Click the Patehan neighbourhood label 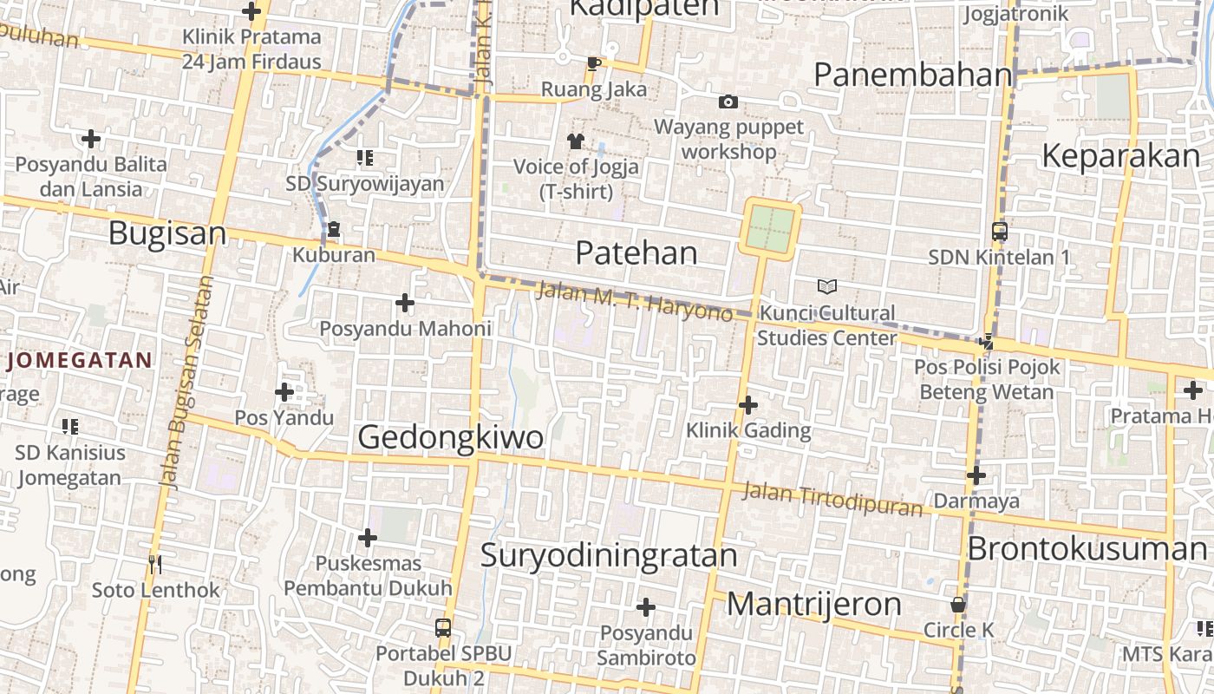point(636,253)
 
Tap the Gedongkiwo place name point(451,437)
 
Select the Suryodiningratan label point(609,555)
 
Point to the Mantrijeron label point(813,604)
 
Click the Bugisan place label point(167,233)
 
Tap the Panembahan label point(913,75)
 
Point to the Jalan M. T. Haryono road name point(635,301)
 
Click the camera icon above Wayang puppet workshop point(728,102)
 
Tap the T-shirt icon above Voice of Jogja point(575,141)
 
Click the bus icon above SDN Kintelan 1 point(1000,232)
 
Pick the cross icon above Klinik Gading point(748,405)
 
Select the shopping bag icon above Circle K point(958,605)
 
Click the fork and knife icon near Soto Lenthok point(155,565)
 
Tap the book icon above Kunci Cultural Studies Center point(827,286)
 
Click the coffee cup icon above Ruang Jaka point(594,63)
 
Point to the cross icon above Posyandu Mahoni point(404,303)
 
